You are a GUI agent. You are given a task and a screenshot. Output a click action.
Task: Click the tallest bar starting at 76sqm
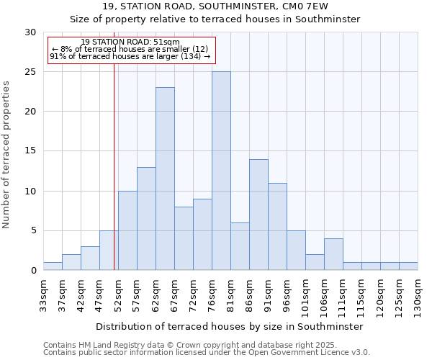[221, 171]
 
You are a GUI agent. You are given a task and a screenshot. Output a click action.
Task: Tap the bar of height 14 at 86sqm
[258, 215]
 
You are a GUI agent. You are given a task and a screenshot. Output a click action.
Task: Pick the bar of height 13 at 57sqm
[146, 219]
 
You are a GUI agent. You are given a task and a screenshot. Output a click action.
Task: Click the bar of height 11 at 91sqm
[277, 227]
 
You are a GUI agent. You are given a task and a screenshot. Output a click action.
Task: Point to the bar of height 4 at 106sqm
[333, 254]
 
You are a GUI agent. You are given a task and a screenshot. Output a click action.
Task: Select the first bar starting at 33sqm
[53, 266]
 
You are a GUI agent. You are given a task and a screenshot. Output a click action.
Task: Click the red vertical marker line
[114, 166]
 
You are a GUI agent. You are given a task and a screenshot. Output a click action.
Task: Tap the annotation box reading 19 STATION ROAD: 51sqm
[131, 49]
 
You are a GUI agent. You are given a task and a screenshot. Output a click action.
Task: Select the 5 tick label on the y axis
[33, 231]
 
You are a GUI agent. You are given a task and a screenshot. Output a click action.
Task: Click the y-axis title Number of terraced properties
[6, 155]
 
